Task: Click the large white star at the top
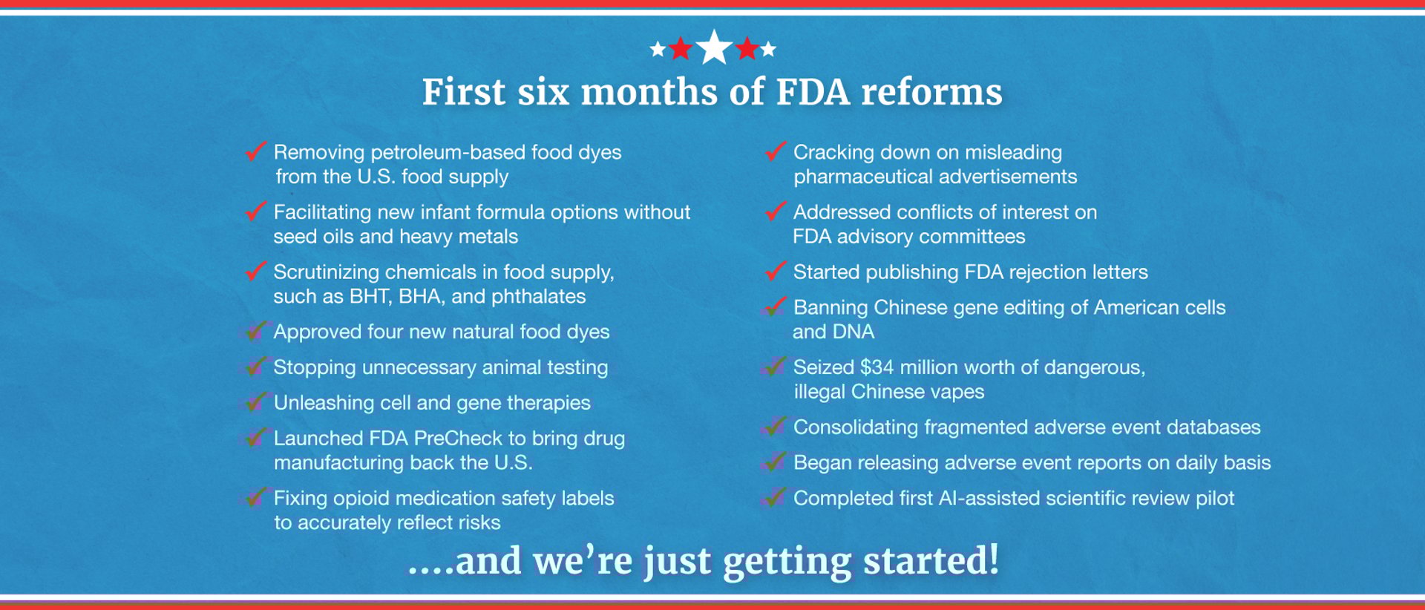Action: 714,47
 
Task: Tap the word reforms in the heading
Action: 931,92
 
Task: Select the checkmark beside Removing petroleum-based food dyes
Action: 255,151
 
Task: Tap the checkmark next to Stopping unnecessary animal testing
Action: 255,366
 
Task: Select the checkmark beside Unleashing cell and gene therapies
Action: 255,401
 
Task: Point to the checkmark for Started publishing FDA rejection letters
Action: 776,270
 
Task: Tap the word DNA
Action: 855,332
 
